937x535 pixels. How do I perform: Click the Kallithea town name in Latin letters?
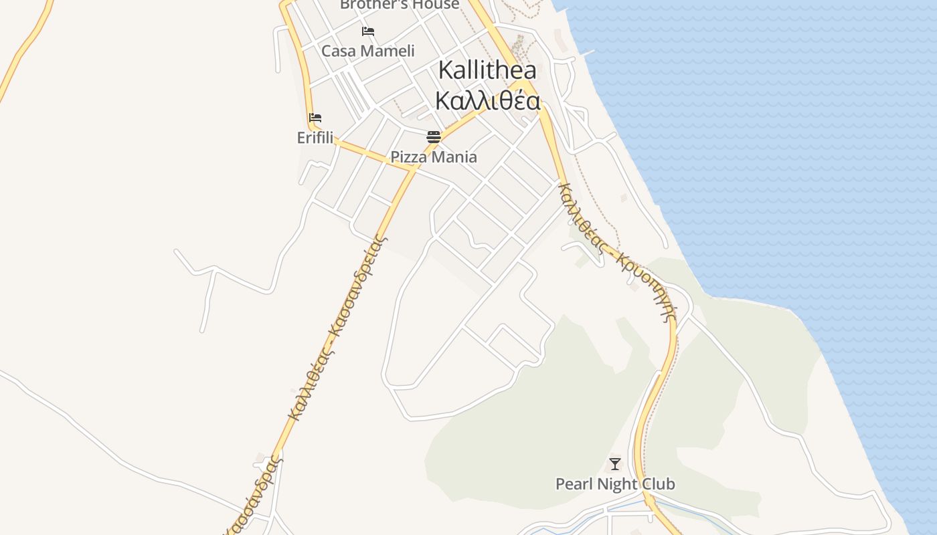488,71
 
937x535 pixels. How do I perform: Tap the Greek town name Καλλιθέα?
488,100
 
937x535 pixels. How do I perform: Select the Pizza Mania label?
434,157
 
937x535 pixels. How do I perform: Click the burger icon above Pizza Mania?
434,138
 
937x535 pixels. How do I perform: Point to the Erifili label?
315,138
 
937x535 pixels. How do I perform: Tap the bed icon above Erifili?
315,118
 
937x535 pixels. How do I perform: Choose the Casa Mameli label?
368,51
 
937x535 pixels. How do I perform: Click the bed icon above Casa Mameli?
368,31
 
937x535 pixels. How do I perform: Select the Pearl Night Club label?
615,484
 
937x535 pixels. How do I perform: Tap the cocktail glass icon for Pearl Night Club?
615,463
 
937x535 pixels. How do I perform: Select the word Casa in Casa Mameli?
337,51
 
